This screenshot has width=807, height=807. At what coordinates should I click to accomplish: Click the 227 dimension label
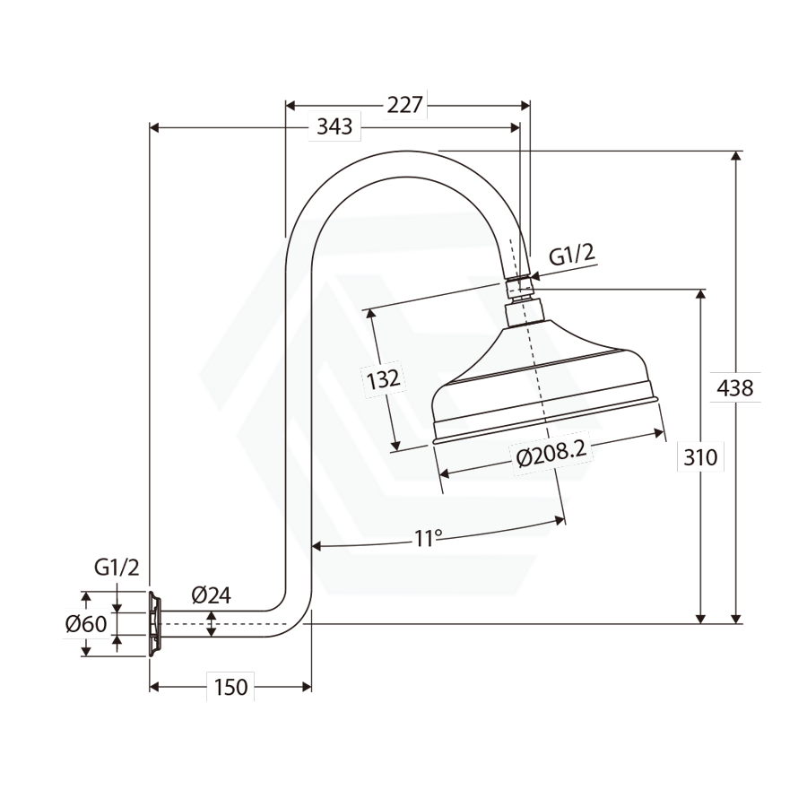point(404,105)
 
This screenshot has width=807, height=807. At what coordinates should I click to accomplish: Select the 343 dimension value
point(334,126)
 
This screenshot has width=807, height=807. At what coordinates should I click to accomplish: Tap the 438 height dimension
point(735,388)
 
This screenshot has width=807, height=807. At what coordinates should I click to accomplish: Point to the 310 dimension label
point(700,457)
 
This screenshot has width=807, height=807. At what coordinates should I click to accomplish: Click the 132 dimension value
point(384,379)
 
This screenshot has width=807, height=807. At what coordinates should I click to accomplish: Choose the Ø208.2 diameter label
point(552,454)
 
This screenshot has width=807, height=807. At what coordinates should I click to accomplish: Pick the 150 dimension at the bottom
point(230,687)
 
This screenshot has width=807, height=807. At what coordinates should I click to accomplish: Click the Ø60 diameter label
point(86,623)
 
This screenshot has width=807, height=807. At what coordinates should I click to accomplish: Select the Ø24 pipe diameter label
point(211,594)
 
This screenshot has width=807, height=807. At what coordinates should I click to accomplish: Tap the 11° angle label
point(429,538)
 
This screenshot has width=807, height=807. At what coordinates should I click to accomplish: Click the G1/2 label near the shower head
point(571,255)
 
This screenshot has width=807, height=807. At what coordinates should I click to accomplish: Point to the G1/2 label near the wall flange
point(117,568)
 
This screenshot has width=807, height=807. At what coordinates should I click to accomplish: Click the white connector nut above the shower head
point(519,288)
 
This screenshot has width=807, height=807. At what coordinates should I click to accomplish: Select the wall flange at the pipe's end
point(155,622)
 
